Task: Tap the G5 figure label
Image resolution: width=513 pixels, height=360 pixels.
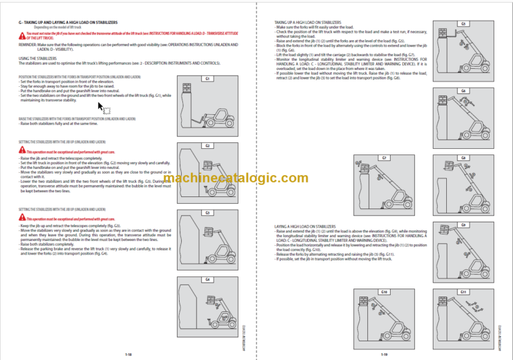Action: [463, 23]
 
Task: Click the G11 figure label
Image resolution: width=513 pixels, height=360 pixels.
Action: [463, 292]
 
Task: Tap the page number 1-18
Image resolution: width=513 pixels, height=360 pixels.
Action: [128, 354]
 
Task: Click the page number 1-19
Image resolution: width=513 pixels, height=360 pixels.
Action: [385, 354]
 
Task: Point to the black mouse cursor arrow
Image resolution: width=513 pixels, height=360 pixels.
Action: [102, 107]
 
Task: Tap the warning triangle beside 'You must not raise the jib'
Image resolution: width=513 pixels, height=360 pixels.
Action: [21, 33]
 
